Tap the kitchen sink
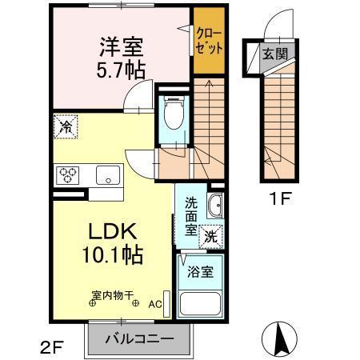click(106, 174)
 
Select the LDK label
click(111, 231)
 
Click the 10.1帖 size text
click(111, 256)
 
